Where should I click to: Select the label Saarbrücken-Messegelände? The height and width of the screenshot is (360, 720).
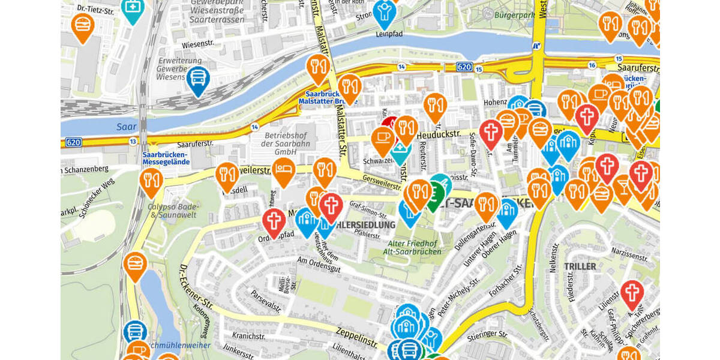tap(166, 158)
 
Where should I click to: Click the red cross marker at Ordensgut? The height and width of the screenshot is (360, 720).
tap(274, 221)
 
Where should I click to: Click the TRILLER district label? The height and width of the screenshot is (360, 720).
tap(580, 266)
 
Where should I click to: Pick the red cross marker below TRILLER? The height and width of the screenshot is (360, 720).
tap(631, 293)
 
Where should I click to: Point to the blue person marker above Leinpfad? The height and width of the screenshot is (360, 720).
tap(385, 12)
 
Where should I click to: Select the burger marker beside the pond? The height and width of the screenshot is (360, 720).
tap(134, 264)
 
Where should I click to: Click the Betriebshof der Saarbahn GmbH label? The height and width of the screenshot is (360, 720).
tap(286, 143)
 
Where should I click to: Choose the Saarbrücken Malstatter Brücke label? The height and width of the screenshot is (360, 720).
tap(328, 97)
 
